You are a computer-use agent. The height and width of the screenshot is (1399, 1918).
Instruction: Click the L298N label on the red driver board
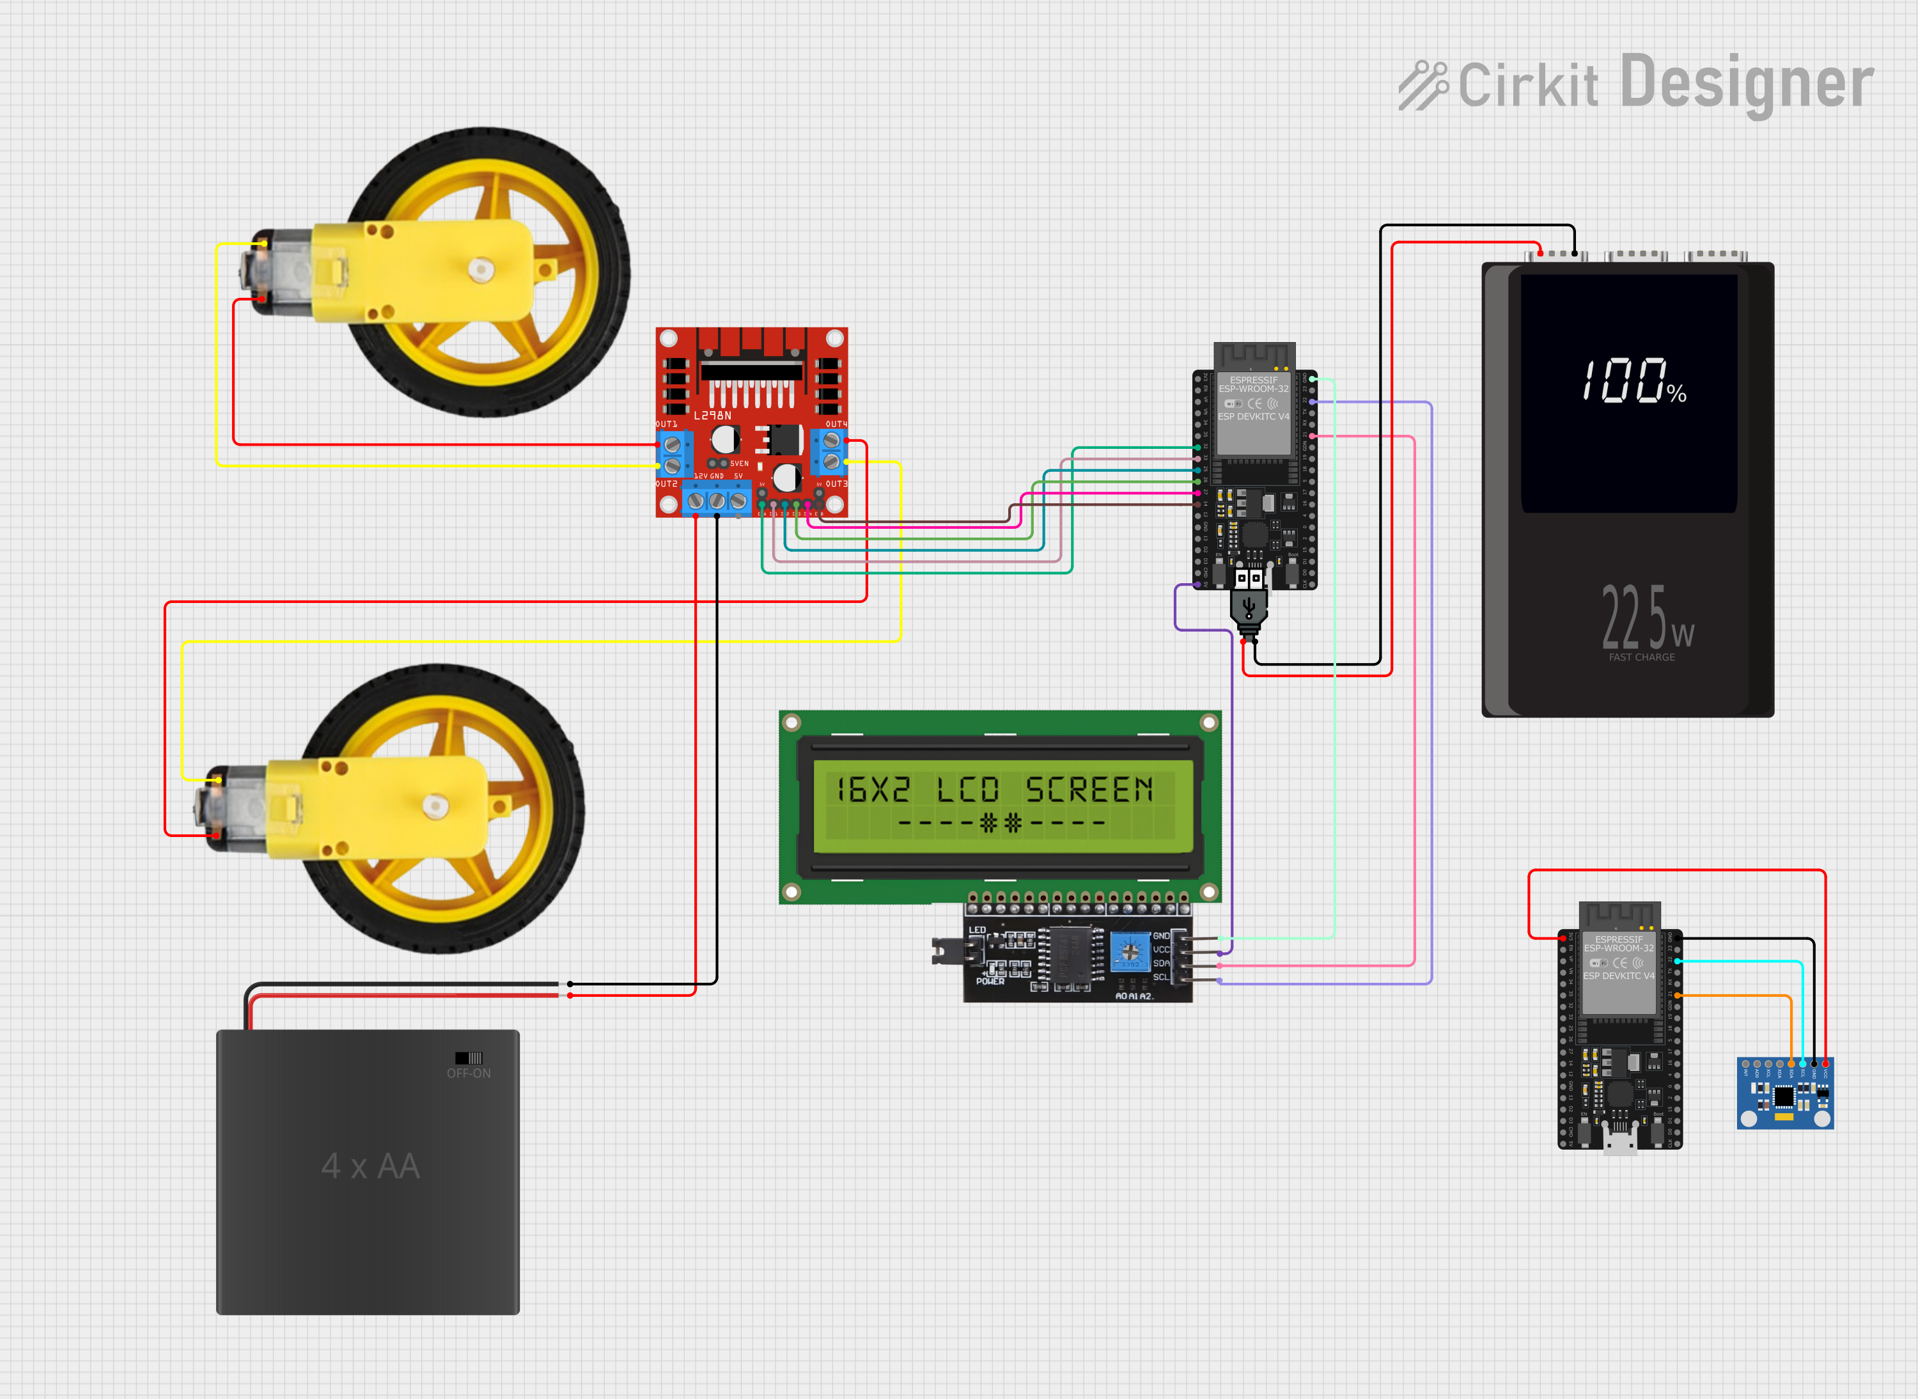click(712, 416)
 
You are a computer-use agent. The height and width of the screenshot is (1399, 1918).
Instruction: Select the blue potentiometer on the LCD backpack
click(1130, 951)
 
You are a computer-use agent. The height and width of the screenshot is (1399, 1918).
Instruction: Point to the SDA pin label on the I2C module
click(1160, 964)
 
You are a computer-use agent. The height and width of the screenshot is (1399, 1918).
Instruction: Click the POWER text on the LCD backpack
click(990, 981)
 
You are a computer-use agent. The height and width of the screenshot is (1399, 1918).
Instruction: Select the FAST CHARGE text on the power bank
click(1641, 657)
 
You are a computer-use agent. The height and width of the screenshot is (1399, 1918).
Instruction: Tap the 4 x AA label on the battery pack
click(370, 1166)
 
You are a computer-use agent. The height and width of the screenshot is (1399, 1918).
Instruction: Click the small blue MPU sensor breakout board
click(1784, 1094)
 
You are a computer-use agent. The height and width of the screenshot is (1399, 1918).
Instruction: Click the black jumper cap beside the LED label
click(939, 951)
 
